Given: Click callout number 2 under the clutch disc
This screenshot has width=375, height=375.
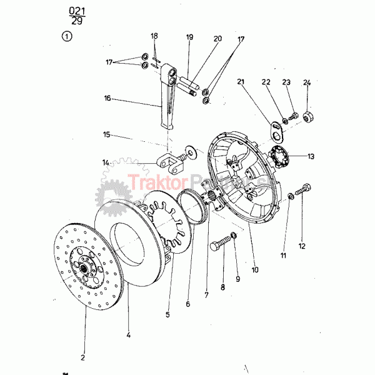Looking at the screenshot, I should tap(83, 357).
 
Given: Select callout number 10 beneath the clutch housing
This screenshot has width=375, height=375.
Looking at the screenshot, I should tap(255, 270).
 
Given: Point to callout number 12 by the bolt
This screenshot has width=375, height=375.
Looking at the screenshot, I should tap(302, 246).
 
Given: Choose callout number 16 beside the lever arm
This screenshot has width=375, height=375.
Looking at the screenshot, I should tap(107, 98).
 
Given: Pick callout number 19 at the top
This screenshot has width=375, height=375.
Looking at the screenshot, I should tap(190, 38).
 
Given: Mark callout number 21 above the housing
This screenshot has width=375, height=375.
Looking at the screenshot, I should tap(241, 82).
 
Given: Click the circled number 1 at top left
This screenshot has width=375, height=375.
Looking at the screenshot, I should tap(67, 37).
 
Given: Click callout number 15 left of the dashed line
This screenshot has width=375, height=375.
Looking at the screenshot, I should tap(107, 134).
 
